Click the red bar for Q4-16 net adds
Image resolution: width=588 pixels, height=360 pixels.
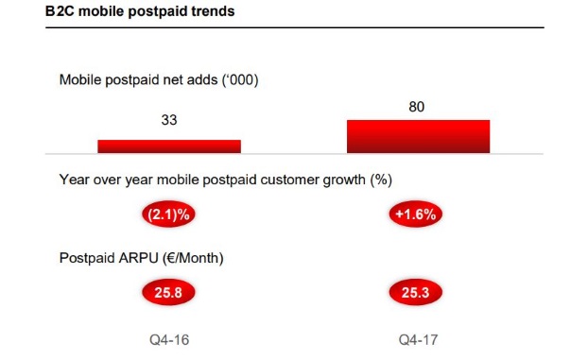(x=169, y=146)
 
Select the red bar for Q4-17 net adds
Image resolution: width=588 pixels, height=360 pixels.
(x=418, y=136)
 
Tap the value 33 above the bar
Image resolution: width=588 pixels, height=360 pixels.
(x=169, y=122)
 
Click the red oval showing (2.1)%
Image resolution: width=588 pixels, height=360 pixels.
(x=168, y=214)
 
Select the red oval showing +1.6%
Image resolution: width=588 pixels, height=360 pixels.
(x=417, y=214)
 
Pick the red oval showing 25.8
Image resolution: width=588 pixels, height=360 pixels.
(x=168, y=292)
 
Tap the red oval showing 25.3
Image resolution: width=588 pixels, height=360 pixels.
(x=417, y=292)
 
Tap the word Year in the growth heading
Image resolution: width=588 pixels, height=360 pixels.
(x=75, y=180)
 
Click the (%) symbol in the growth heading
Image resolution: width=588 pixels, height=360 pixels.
(x=379, y=180)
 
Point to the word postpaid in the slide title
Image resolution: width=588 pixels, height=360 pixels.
(x=157, y=12)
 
